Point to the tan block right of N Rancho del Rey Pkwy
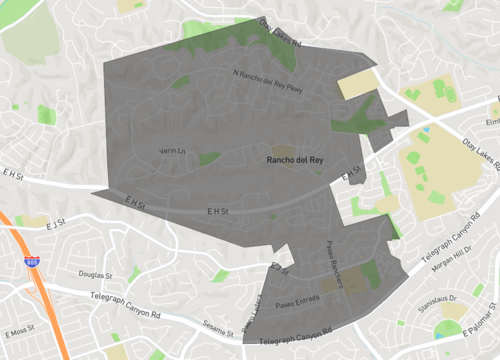tap(355, 83)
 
